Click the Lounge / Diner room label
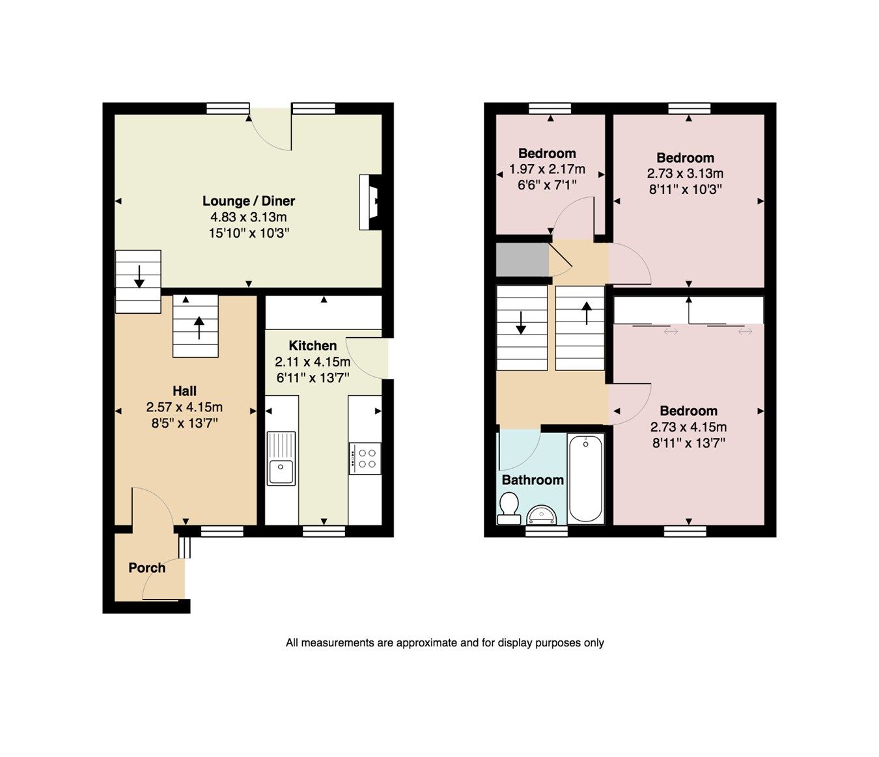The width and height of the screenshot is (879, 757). tap(249, 201)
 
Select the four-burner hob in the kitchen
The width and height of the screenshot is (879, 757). tap(365, 456)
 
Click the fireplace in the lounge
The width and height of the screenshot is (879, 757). tap(370, 202)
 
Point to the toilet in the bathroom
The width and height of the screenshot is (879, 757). tap(509, 506)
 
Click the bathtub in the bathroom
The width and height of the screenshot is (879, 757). tap(585, 478)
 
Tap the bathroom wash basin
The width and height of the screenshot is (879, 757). tap(542, 516)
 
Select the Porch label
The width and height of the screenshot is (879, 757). tap(147, 568)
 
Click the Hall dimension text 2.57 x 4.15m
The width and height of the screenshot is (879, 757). tap(184, 407)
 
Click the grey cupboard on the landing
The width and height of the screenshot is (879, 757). tap(522, 260)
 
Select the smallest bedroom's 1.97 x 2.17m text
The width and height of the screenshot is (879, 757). tap(547, 169)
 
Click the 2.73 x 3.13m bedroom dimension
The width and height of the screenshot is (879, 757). tap(685, 174)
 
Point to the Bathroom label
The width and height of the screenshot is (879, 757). tap(533, 480)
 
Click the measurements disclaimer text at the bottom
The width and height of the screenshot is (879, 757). tap(445, 643)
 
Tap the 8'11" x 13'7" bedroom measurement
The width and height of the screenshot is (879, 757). tap(688, 443)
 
